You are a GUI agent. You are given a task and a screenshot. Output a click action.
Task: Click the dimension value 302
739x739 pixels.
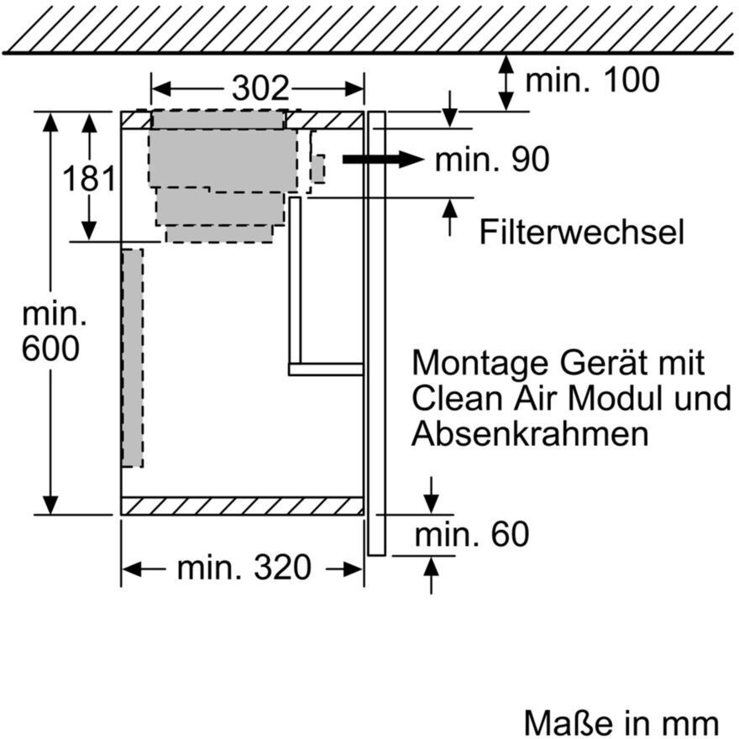pyautogui.click(x=259, y=88)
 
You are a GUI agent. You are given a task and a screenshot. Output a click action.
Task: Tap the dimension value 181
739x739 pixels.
pyautogui.click(x=89, y=179)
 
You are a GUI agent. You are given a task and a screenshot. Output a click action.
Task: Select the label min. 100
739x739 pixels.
pyautogui.click(x=592, y=81)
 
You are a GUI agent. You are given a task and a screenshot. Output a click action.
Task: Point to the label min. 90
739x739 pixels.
pyautogui.click(x=491, y=160)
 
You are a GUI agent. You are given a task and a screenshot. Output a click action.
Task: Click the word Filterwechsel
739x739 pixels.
pyautogui.click(x=581, y=233)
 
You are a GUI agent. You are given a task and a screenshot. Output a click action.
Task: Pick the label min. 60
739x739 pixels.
pyautogui.click(x=473, y=534)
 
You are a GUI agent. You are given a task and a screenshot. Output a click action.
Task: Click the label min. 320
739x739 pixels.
pyautogui.click(x=244, y=569)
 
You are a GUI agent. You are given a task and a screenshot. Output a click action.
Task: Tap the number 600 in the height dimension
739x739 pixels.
pyautogui.click(x=51, y=349)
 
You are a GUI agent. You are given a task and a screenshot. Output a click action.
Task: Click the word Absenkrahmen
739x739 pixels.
pyautogui.click(x=530, y=434)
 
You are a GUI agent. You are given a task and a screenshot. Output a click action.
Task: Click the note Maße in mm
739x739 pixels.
pyautogui.click(x=621, y=722)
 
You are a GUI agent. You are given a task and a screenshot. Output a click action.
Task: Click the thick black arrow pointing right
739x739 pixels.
pyautogui.click(x=382, y=160)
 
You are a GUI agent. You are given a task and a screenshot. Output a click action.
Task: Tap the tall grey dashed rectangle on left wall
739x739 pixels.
pyautogui.click(x=132, y=358)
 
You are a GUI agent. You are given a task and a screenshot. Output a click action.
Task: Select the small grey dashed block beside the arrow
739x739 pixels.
pyautogui.click(x=317, y=169)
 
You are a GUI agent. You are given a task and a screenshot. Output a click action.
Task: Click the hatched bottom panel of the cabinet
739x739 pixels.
pyautogui.click(x=242, y=506)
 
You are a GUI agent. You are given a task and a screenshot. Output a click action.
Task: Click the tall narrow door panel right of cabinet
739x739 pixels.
pyautogui.click(x=376, y=336)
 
